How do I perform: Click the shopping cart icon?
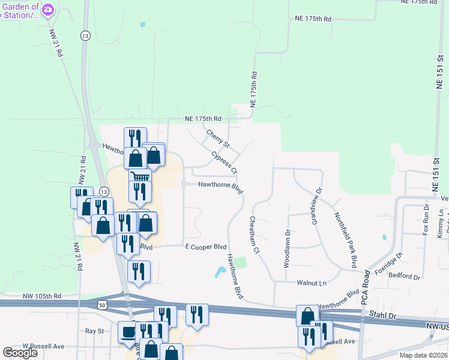140,178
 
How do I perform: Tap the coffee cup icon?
128,332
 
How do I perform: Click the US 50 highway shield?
101,305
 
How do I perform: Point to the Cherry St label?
218,139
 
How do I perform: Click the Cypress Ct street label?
224,163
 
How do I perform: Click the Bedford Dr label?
404,277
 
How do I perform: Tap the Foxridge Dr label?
388,263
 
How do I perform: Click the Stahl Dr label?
384,314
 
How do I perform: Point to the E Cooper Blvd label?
205,247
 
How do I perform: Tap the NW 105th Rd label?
43,296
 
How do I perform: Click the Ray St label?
94,331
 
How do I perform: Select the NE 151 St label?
439,73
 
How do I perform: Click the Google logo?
20,353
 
